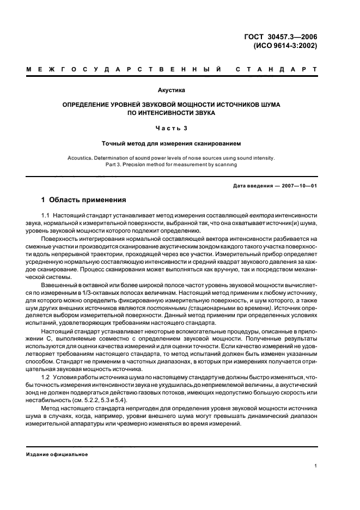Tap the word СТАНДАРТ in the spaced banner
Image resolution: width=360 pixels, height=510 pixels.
(x=276, y=70)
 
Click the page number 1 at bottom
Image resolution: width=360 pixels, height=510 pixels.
(x=316, y=466)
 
